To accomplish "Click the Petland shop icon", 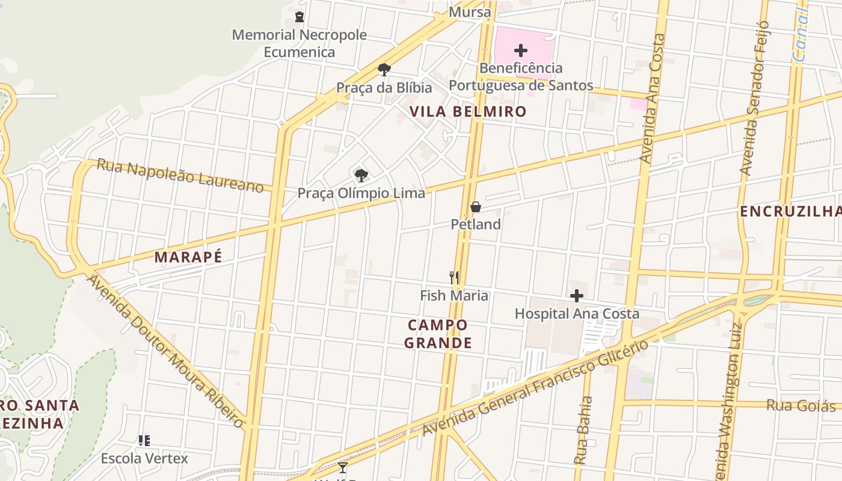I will click(475, 207).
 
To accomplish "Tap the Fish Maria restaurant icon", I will click(454, 278).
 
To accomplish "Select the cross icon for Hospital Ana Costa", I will click(577, 296).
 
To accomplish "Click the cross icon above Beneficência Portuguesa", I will click(521, 51).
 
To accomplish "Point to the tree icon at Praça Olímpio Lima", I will click(361, 176).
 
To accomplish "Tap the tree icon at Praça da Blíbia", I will click(384, 70).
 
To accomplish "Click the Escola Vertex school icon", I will click(144, 441).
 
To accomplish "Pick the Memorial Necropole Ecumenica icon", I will click(300, 17).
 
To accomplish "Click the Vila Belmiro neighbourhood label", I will click(468, 111).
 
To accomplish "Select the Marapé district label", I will click(188, 257).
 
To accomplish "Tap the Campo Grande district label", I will click(438, 334).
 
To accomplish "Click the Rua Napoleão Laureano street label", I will click(180, 176).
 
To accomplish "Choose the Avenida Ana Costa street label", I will click(653, 99).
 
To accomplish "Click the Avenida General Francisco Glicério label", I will click(535, 388).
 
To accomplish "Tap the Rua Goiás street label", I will click(801, 406).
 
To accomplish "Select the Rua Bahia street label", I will click(582, 430).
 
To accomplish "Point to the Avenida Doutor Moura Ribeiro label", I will click(165, 352).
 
